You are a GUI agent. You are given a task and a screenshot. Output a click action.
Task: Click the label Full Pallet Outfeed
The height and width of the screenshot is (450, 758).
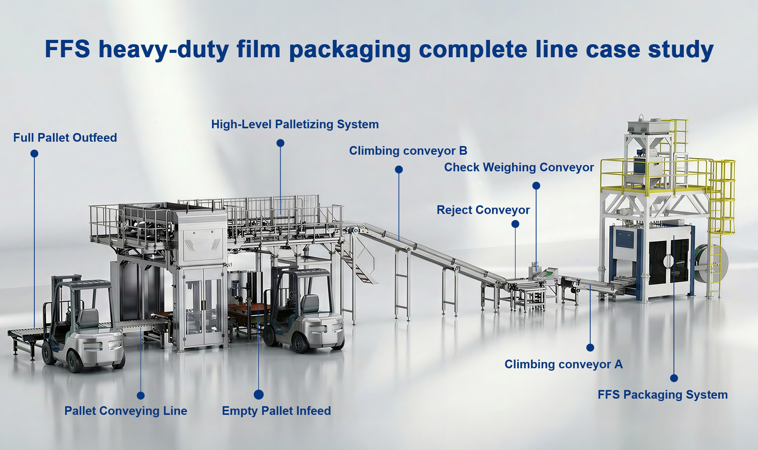click(x=65, y=138)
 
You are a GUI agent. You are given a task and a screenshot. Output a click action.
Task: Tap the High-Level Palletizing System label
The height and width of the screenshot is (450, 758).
click(x=295, y=124)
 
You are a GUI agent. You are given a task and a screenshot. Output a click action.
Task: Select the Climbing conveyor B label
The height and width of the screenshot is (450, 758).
click(x=408, y=151)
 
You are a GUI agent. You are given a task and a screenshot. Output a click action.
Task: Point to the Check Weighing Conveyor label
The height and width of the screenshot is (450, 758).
click(x=519, y=167)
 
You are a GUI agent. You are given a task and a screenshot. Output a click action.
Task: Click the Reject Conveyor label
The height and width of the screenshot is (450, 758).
click(x=483, y=210)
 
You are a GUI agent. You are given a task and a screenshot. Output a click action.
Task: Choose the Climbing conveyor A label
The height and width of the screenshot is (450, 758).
click(x=563, y=364)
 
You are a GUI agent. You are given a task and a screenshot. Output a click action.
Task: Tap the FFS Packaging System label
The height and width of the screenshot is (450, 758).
click(x=662, y=395)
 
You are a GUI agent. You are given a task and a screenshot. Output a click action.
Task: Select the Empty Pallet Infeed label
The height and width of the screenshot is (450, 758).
click(x=276, y=411)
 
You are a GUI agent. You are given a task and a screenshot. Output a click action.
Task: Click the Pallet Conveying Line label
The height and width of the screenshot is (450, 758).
click(x=126, y=411)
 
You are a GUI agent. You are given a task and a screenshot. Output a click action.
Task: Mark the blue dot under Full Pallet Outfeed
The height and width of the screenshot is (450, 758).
click(x=34, y=154)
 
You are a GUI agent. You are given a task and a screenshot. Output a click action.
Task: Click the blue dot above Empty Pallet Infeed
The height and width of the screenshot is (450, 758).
click(x=259, y=394)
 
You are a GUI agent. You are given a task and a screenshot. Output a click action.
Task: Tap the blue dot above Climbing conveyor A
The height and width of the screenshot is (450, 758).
click(x=590, y=347)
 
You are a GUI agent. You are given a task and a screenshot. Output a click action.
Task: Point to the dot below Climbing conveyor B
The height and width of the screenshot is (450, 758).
click(x=399, y=169)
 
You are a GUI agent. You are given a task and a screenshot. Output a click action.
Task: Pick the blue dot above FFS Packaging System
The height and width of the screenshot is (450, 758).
click(x=674, y=378)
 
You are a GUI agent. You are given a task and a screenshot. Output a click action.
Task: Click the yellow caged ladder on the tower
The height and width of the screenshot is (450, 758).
click(x=722, y=197)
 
